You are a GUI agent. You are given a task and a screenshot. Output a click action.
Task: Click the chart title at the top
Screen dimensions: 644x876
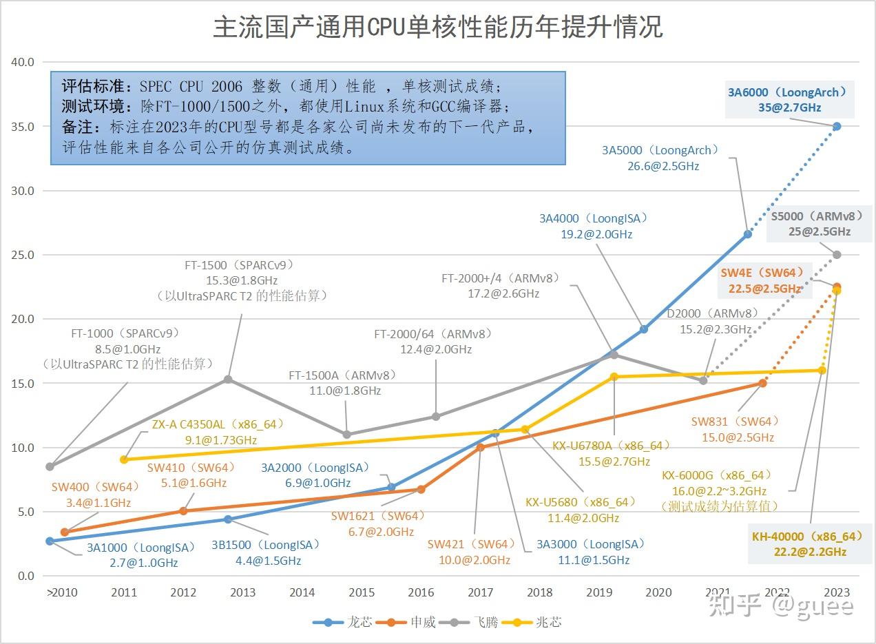click(x=438, y=28)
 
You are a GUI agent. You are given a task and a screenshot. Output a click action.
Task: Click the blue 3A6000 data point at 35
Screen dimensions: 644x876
click(x=837, y=126)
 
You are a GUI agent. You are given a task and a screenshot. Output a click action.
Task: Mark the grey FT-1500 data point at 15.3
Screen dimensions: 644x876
click(x=228, y=379)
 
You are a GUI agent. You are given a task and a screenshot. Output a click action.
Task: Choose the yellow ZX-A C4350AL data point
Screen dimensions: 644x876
click(x=124, y=459)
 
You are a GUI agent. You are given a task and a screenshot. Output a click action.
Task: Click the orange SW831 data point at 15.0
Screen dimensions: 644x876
click(x=763, y=383)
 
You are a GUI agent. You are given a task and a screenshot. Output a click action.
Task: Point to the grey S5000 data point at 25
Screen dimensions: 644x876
click(x=837, y=255)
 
